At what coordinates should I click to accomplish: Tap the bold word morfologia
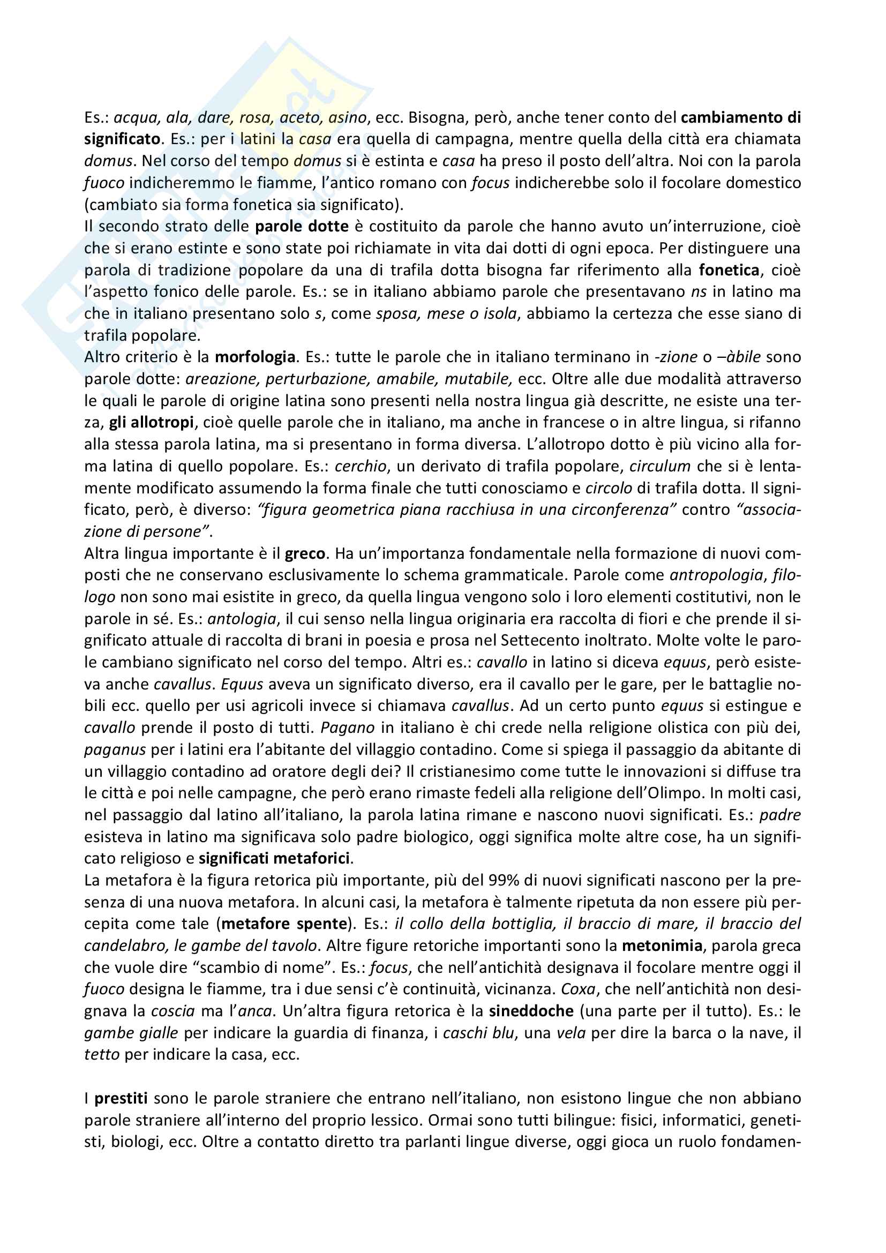point(256,357)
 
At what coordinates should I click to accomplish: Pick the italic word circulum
point(660,467)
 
